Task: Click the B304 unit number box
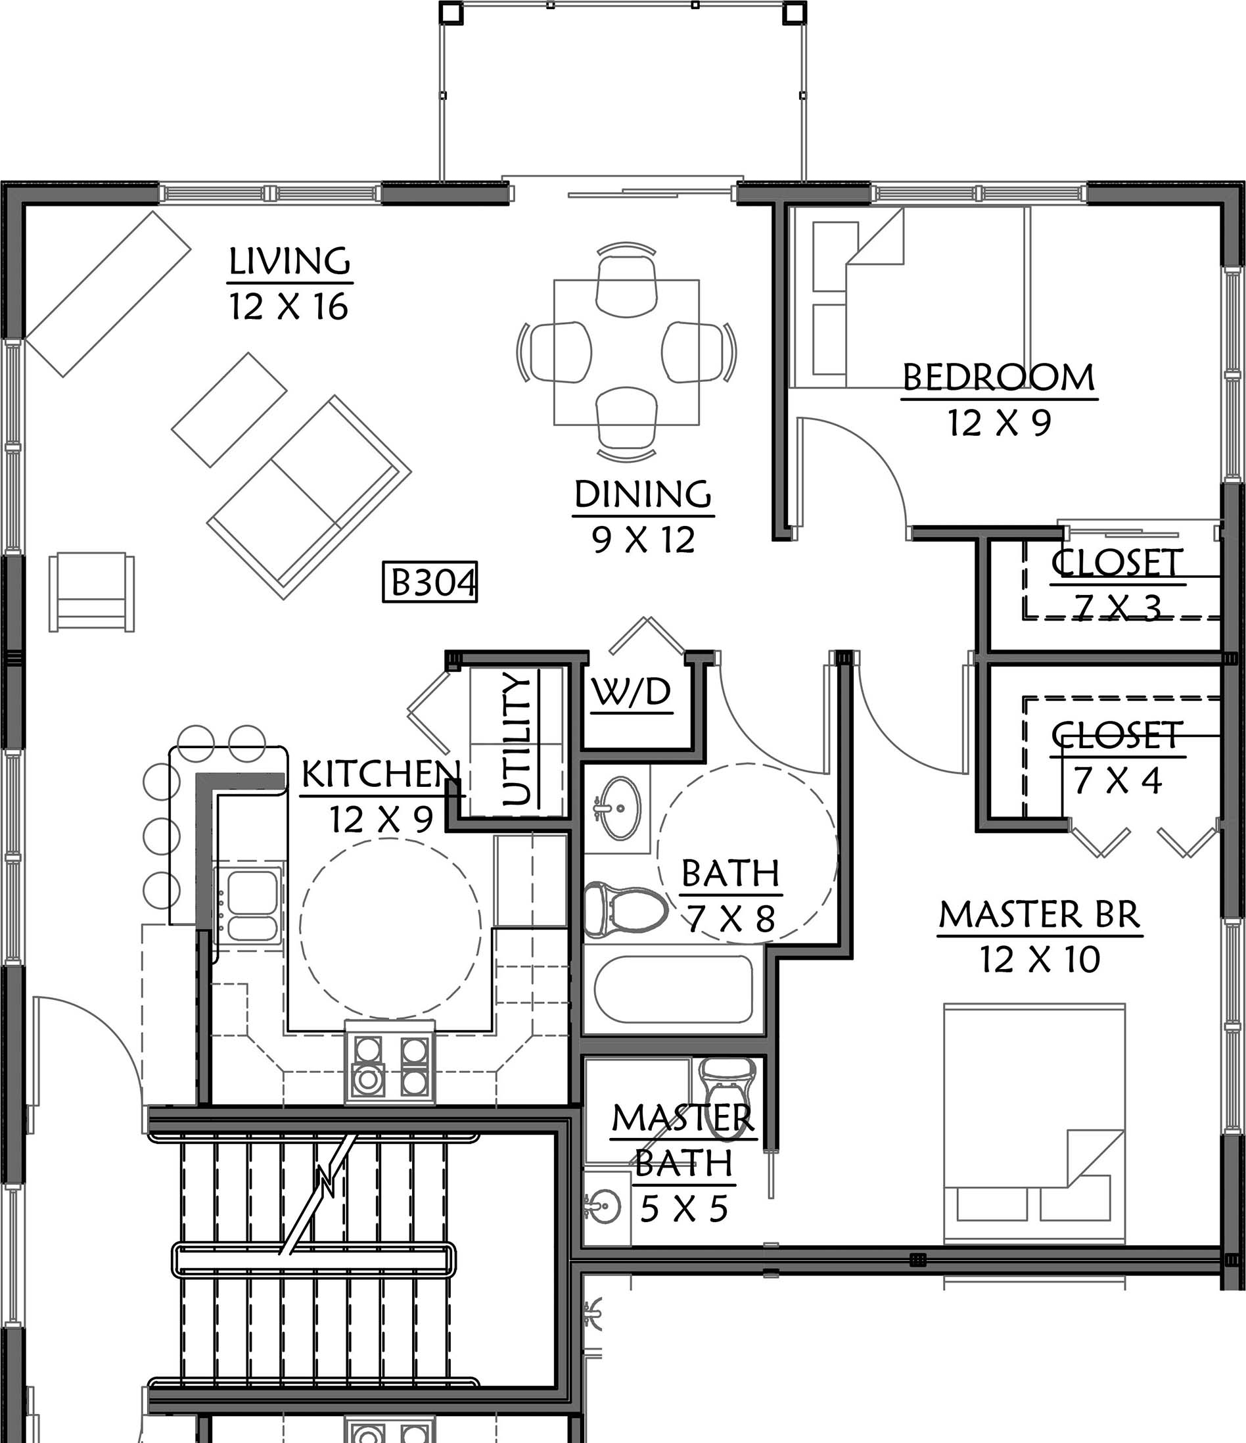point(430,582)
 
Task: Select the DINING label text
point(643,494)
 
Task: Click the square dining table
point(626,352)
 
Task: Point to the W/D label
point(632,692)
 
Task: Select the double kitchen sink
point(248,905)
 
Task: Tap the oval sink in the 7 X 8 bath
point(620,808)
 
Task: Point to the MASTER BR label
point(1040,914)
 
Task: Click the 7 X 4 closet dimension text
point(1117,780)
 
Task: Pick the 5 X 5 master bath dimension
point(683,1208)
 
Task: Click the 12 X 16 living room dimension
point(289,306)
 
